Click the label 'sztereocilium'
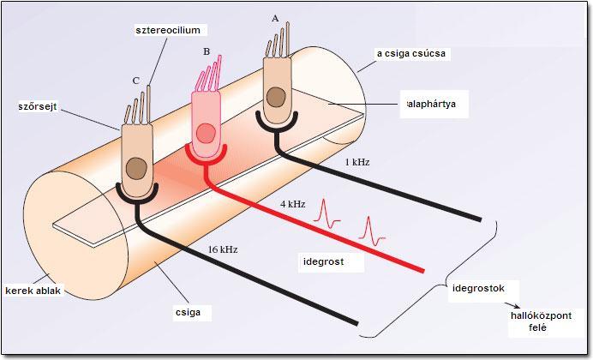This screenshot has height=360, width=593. point(168,30)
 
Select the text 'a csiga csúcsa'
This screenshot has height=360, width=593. point(413,53)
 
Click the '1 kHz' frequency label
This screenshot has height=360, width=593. point(354,161)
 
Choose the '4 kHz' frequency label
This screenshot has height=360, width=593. point(291,205)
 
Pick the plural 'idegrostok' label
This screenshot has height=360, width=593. point(480,285)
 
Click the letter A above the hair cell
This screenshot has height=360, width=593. point(275,17)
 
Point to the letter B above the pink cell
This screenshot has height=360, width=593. point(207,51)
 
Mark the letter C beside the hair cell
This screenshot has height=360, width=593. point(135,80)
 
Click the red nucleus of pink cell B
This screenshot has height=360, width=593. point(206,133)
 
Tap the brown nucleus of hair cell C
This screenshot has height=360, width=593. point(135,167)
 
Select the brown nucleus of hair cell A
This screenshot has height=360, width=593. point(276,95)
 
